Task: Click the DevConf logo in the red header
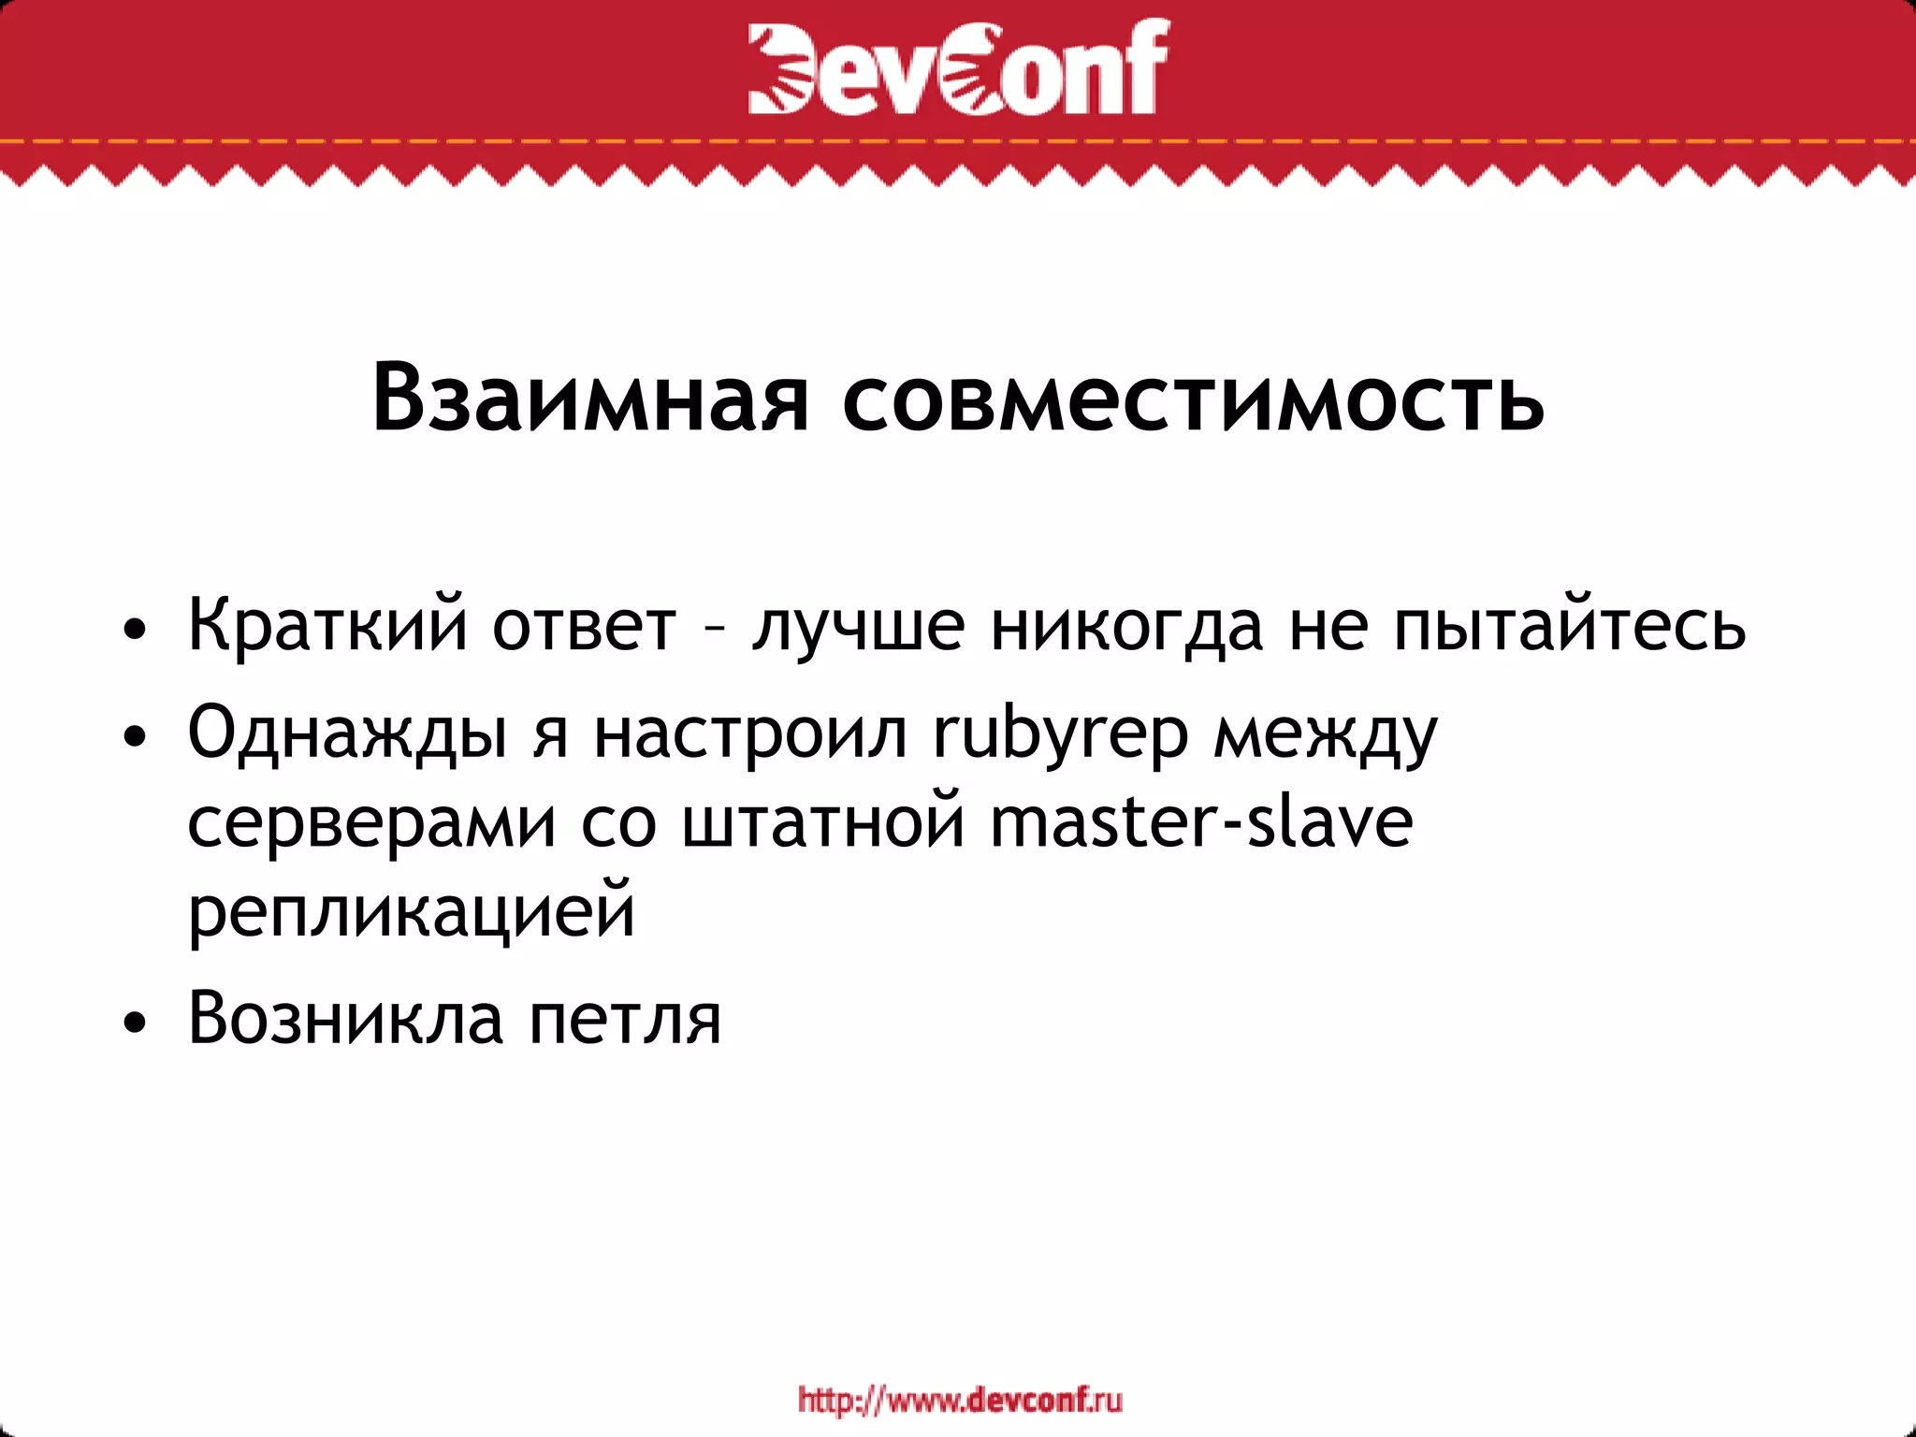pyautogui.click(x=958, y=67)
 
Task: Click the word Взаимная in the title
pyautogui.click(x=589, y=399)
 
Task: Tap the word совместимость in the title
pyautogui.click(x=1193, y=399)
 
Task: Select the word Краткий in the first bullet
pyautogui.click(x=327, y=624)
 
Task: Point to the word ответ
pyautogui.click(x=584, y=626)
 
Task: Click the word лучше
pyautogui.click(x=858, y=626)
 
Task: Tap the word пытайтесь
pyautogui.click(x=1569, y=626)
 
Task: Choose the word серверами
pyautogui.click(x=372, y=824)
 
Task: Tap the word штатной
pyautogui.click(x=823, y=822)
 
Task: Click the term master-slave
pyautogui.click(x=1201, y=822)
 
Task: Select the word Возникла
pyautogui.click(x=345, y=1018)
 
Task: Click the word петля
pyautogui.click(x=625, y=1019)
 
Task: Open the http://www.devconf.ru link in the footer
pyautogui.click(x=960, y=1401)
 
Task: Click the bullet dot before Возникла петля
pyautogui.click(x=135, y=1023)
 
